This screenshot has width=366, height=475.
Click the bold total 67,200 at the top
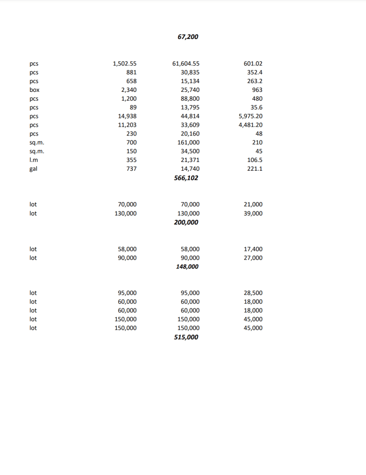[188, 37]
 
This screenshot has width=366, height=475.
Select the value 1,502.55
[125, 64]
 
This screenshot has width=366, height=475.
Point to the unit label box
[34, 90]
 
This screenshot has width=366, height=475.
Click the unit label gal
[33, 169]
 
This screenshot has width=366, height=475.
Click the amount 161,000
[189, 142]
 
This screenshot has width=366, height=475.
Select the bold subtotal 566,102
[186, 178]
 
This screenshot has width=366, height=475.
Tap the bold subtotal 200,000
[186, 223]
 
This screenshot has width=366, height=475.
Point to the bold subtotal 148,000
[187, 267]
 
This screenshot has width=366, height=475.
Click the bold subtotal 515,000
[186, 337]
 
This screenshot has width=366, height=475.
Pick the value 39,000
[253, 213]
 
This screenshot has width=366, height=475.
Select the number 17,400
[253, 249]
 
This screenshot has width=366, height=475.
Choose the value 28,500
[253, 293]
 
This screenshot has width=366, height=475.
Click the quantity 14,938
[127, 116]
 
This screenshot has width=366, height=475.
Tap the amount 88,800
[190, 99]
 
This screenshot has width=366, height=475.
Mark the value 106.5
[255, 160]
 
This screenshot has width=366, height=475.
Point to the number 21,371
[190, 160]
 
